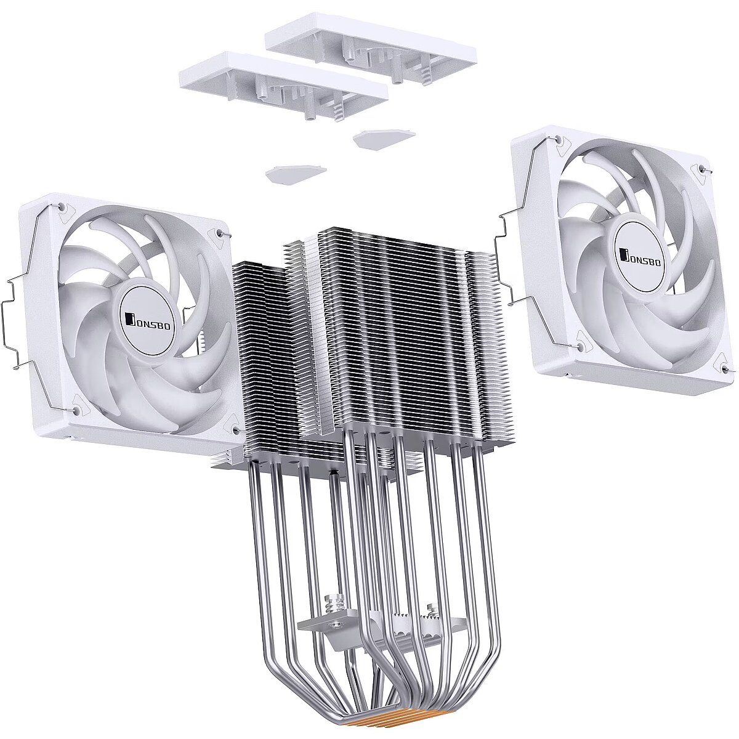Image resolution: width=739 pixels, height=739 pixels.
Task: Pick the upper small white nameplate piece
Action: (x=384, y=139)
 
